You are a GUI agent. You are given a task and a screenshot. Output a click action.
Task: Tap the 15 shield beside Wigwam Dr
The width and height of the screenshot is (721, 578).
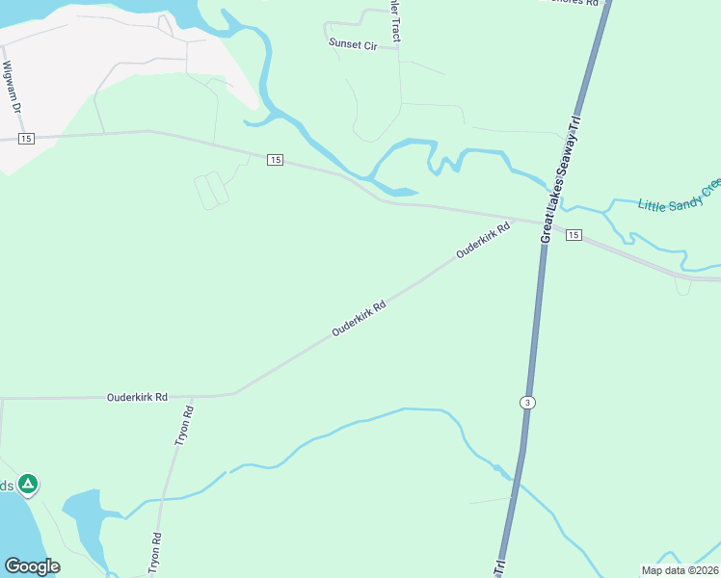pos(25,139)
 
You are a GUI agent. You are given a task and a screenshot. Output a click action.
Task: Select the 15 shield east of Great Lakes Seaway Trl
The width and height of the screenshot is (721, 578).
pos(574,235)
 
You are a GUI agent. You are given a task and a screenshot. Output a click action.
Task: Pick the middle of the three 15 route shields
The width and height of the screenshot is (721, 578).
pos(276,159)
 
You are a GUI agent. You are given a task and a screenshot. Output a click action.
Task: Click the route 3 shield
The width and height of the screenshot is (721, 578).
pos(526,401)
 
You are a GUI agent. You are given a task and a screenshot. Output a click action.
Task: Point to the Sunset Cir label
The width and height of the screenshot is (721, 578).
pos(353,43)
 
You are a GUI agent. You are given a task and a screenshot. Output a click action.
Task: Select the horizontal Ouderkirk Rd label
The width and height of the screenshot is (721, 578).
pos(138,397)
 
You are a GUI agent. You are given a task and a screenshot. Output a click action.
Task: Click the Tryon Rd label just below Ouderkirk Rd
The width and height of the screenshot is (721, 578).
pos(184,424)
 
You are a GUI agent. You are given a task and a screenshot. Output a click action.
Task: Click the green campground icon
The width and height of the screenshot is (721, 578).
pos(29,484)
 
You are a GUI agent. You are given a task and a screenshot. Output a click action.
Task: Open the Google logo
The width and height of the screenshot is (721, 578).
pos(32,566)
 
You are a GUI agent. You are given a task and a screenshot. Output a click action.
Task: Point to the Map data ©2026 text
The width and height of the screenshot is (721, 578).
pos(680,570)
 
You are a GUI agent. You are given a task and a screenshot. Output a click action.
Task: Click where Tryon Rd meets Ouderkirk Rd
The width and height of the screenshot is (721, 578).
pos(192,396)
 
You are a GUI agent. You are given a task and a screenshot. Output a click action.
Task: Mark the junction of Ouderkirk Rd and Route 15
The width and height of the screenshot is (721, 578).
pos(517,220)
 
